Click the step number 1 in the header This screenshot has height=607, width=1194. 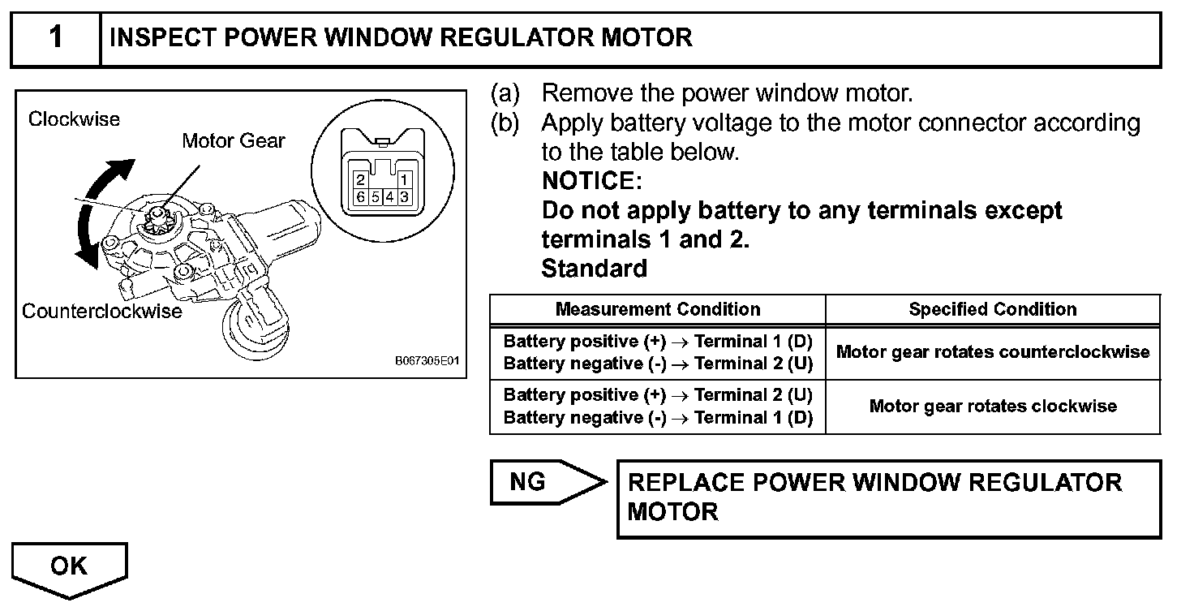point(55,37)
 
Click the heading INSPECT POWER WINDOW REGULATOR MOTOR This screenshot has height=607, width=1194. point(401,37)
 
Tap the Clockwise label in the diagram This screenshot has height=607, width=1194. point(74,119)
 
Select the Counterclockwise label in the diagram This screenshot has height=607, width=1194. point(102,311)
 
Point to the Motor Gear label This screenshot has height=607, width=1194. point(234,140)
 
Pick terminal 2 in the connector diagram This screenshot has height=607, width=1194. point(360,181)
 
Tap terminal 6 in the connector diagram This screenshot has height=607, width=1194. point(360,197)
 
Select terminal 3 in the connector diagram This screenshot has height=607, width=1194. point(403,197)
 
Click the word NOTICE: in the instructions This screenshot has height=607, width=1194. point(591,181)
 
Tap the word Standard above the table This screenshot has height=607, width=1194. point(594,268)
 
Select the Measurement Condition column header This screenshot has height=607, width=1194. point(658,309)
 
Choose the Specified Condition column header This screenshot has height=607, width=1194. point(993,309)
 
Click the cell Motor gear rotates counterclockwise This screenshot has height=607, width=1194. point(993,352)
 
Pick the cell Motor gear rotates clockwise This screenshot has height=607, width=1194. point(993,406)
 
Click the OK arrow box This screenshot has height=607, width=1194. point(70,567)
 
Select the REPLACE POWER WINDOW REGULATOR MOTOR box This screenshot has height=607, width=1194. point(888,498)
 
